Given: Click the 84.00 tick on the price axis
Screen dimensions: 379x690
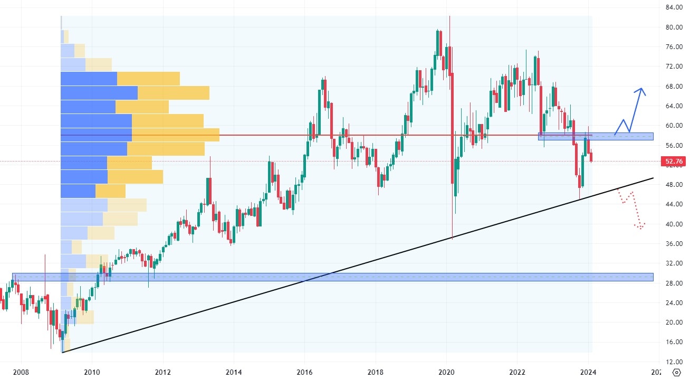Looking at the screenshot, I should click(671, 7).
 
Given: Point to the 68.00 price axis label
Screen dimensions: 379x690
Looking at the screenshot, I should click(671, 86).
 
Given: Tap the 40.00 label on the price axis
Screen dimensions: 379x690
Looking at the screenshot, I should click(671, 224).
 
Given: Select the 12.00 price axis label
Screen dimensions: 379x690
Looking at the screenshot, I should click(671, 362).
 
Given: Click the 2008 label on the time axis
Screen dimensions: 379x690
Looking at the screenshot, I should click(21, 372).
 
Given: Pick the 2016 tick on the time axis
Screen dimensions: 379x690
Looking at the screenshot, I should click(304, 372).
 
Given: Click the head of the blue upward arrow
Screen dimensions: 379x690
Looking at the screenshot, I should click(640, 89).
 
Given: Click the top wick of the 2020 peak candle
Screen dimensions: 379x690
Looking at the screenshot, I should click(449, 18).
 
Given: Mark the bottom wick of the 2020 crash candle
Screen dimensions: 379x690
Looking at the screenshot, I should click(453, 238).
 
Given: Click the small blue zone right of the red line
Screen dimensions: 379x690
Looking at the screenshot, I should click(595, 136).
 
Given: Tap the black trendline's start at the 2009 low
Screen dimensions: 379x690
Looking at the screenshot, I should click(62, 352).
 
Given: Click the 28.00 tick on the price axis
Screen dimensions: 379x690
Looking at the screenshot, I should click(671, 283).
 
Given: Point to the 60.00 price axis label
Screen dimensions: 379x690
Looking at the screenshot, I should click(671, 126).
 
